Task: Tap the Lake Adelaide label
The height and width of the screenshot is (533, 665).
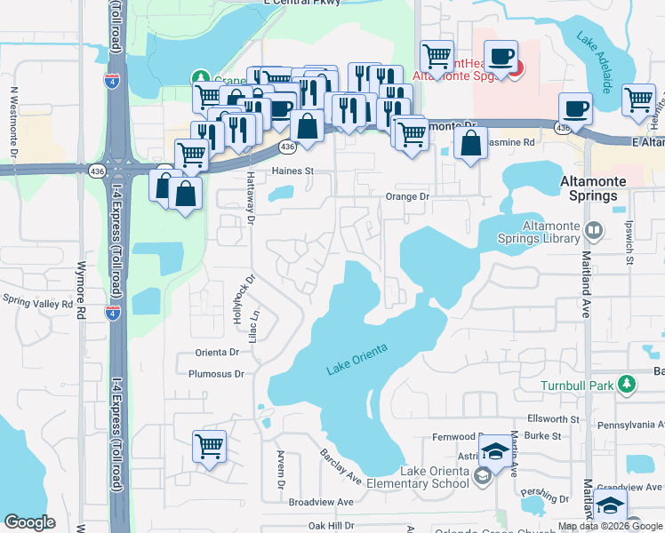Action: [594, 62]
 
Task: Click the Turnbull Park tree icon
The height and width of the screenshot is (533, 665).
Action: [629, 385]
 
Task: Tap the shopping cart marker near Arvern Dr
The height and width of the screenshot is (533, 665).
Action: [210, 446]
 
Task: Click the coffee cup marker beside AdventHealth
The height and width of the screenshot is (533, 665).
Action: [502, 59]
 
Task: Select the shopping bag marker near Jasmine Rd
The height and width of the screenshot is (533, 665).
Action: [470, 142]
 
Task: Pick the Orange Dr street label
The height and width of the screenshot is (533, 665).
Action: [406, 196]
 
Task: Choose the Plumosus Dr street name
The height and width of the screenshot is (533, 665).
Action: [215, 374]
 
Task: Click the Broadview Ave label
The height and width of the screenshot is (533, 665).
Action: [321, 502]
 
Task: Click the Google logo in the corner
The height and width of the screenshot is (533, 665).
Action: [29, 522]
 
